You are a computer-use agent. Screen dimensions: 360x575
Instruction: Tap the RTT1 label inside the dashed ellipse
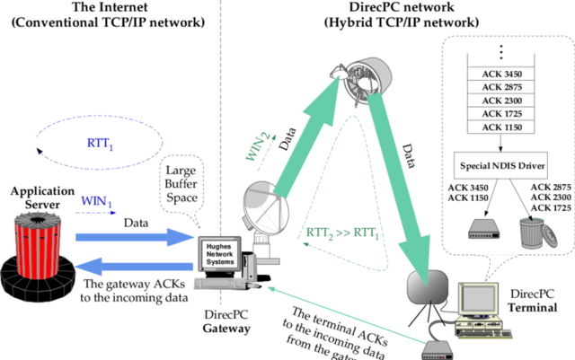click(99, 143)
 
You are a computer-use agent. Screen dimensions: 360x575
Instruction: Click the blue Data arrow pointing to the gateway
click(135, 238)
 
